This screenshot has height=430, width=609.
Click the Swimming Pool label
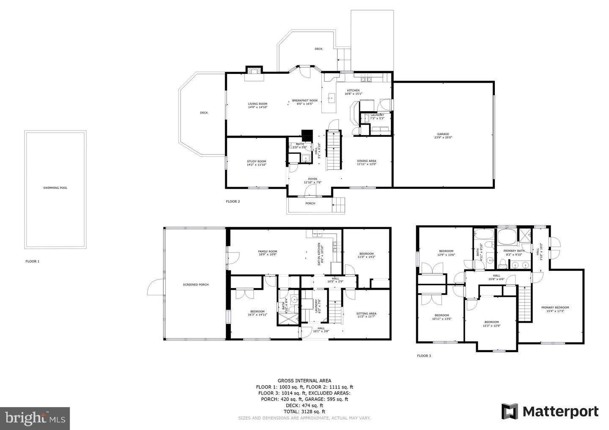tap(55, 188)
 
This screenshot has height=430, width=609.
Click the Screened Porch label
tap(195, 284)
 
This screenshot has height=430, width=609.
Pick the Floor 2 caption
tap(233, 201)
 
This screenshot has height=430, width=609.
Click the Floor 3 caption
tap(424, 356)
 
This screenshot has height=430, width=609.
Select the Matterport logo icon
tap(509, 411)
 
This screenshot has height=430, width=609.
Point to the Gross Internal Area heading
tap(304, 381)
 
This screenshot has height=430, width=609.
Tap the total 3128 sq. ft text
tap(304, 411)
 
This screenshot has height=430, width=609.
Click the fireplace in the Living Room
tap(255, 71)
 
